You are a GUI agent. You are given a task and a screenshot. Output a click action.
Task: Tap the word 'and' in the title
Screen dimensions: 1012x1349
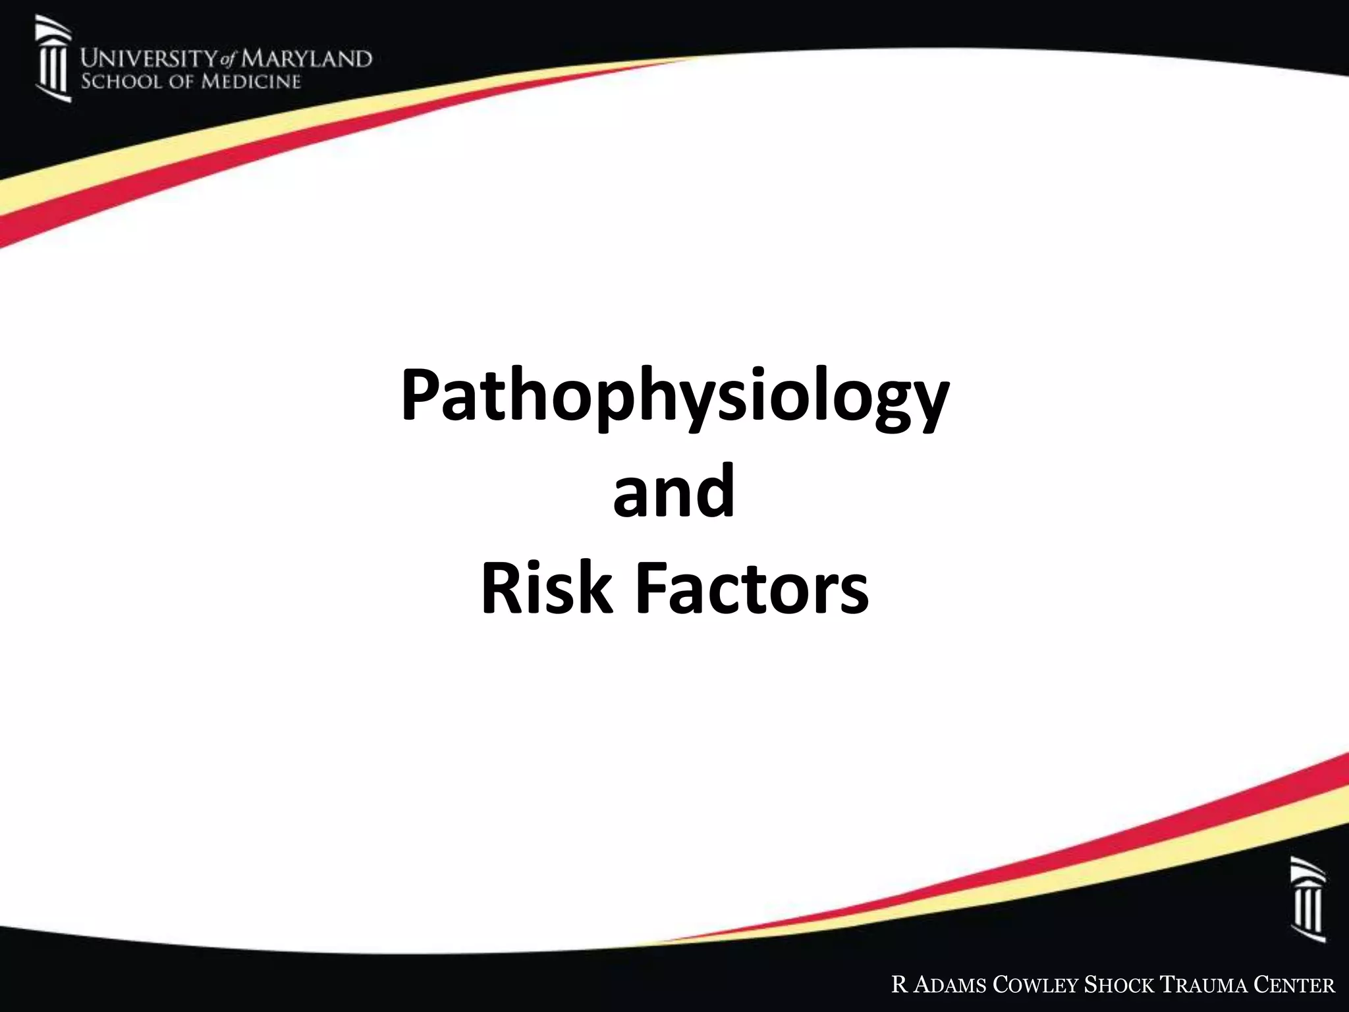pos(673,491)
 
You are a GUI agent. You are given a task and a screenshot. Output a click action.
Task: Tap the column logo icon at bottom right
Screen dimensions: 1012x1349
pos(1308,899)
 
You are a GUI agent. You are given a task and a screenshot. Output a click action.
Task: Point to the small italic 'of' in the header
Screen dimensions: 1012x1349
pos(228,61)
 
